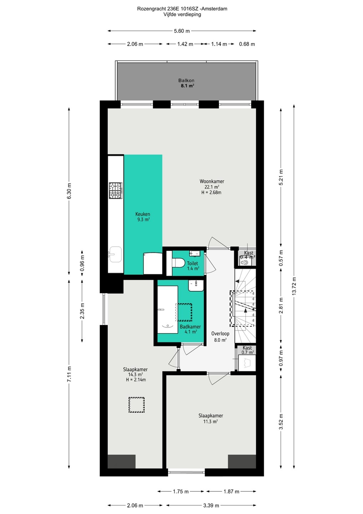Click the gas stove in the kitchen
(116, 191)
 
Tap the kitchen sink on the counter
(115, 254)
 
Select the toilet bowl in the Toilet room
(178, 263)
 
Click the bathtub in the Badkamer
(168, 309)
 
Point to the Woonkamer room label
(212, 181)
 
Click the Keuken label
(143, 214)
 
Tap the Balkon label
(186, 81)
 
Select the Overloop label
(220, 334)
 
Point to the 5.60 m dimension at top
(182, 31)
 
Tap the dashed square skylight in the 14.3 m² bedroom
(137, 405)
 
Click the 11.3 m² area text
(210, 422)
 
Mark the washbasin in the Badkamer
(196, 286)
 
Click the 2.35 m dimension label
(82, 311)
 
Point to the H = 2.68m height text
(211, 192)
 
